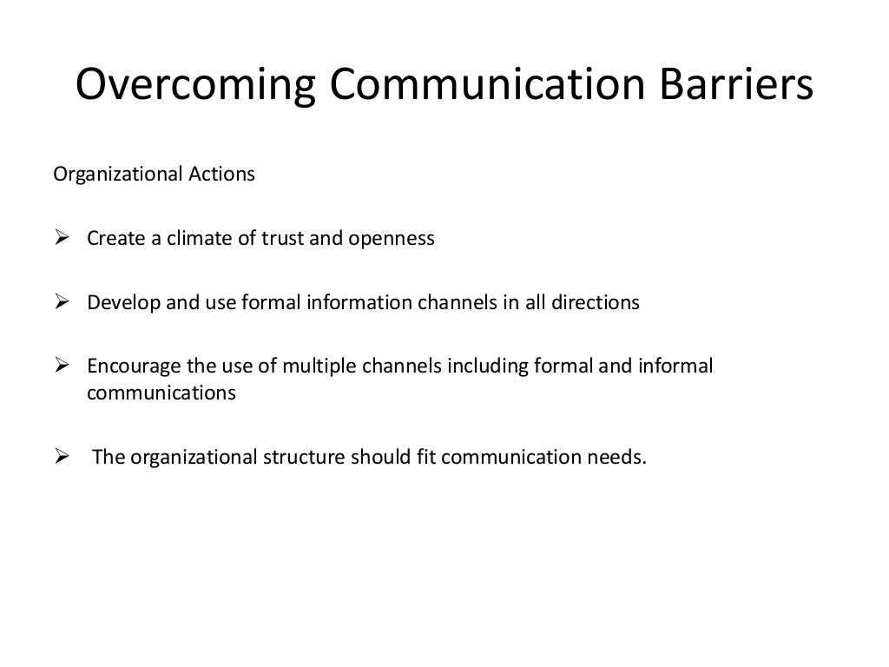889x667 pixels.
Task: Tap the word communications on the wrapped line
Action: click(161, 393)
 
